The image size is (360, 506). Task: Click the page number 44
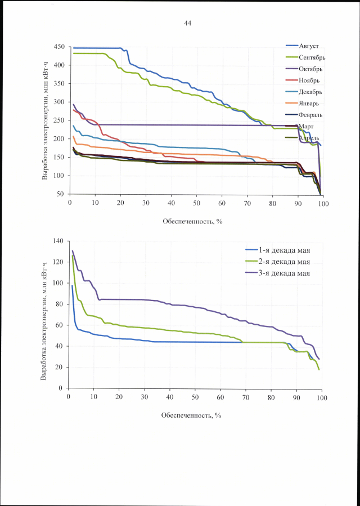point(188,23)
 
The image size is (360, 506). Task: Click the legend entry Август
point(309,46)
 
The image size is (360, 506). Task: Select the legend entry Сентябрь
point(312,57)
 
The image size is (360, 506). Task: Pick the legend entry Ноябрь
point(310,80)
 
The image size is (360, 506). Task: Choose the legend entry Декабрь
point(311,92)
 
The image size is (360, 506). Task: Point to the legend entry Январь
point(310,104)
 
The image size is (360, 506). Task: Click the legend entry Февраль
point(311,115)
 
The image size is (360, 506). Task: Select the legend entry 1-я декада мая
point(284,250)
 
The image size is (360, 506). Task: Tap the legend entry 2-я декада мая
point(284,262)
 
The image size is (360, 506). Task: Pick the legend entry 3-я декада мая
point(284,274)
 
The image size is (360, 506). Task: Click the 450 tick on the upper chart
point(58,47)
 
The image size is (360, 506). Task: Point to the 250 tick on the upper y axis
point(58,120)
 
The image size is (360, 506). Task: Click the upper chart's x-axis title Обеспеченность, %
point(193,221)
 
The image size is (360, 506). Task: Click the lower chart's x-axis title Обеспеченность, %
point(192,415)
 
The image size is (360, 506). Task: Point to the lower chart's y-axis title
point(43,315)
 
